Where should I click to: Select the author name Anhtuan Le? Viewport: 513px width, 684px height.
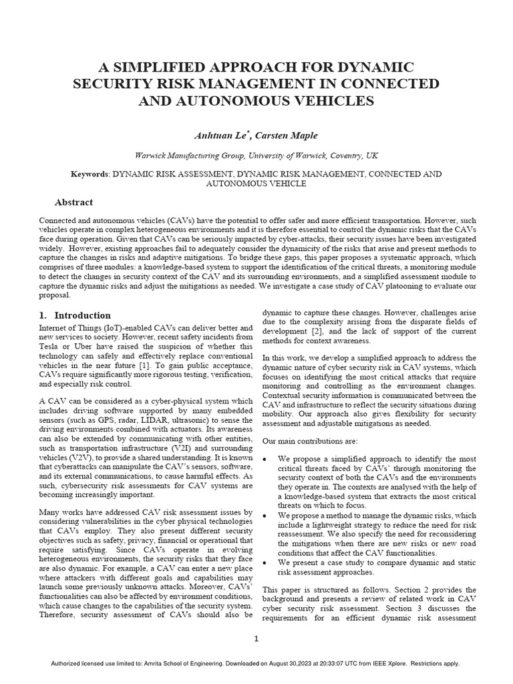click(x=218, y=137)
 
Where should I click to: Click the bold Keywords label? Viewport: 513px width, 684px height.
click(x=90, y=174)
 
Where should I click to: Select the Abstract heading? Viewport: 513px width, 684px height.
click(x=73, y=202)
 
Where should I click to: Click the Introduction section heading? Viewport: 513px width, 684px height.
click(x=83, y=315)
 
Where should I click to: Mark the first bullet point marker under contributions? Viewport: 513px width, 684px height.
click(x=266, y=460)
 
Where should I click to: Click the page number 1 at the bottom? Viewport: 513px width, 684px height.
click(x=256, y=639)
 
